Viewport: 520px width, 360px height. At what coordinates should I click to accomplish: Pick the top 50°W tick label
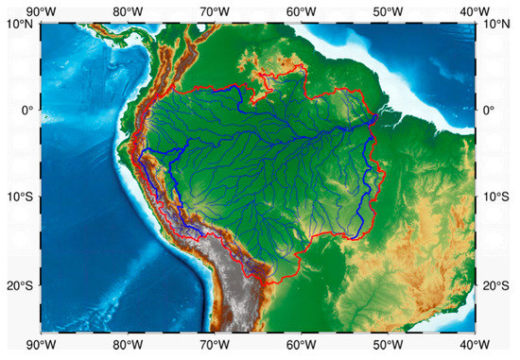pyautogui.click(x=388, y=9)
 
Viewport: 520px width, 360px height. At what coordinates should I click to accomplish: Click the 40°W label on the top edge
pyautogui.click(x=475, y=9)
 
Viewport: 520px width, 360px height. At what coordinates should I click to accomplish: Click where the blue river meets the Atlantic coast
pyautogui.click(x=377, y=116)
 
